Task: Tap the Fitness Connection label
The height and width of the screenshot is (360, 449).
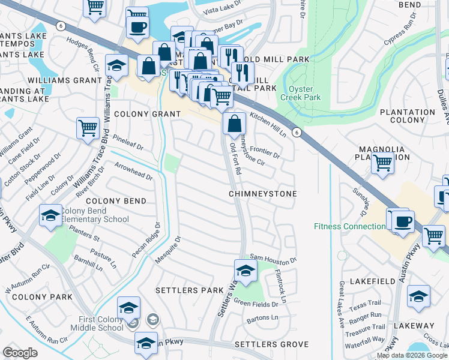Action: [350, 226]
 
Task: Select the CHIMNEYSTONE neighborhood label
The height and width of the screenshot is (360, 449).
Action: [264, 194]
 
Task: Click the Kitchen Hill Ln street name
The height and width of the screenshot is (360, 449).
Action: [268, 124]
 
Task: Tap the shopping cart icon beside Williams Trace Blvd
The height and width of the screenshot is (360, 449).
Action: [88, 128]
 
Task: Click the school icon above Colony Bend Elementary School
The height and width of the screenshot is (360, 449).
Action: [50, 215]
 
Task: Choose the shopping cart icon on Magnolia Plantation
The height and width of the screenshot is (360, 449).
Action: [382, 163]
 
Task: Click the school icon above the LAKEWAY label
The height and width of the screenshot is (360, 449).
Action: [418, 296]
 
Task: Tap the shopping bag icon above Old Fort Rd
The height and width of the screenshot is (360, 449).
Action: [234, 124]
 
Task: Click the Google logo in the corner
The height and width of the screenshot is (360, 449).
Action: [20, 353]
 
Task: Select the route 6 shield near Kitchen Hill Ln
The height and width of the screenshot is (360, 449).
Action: [296, 131]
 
